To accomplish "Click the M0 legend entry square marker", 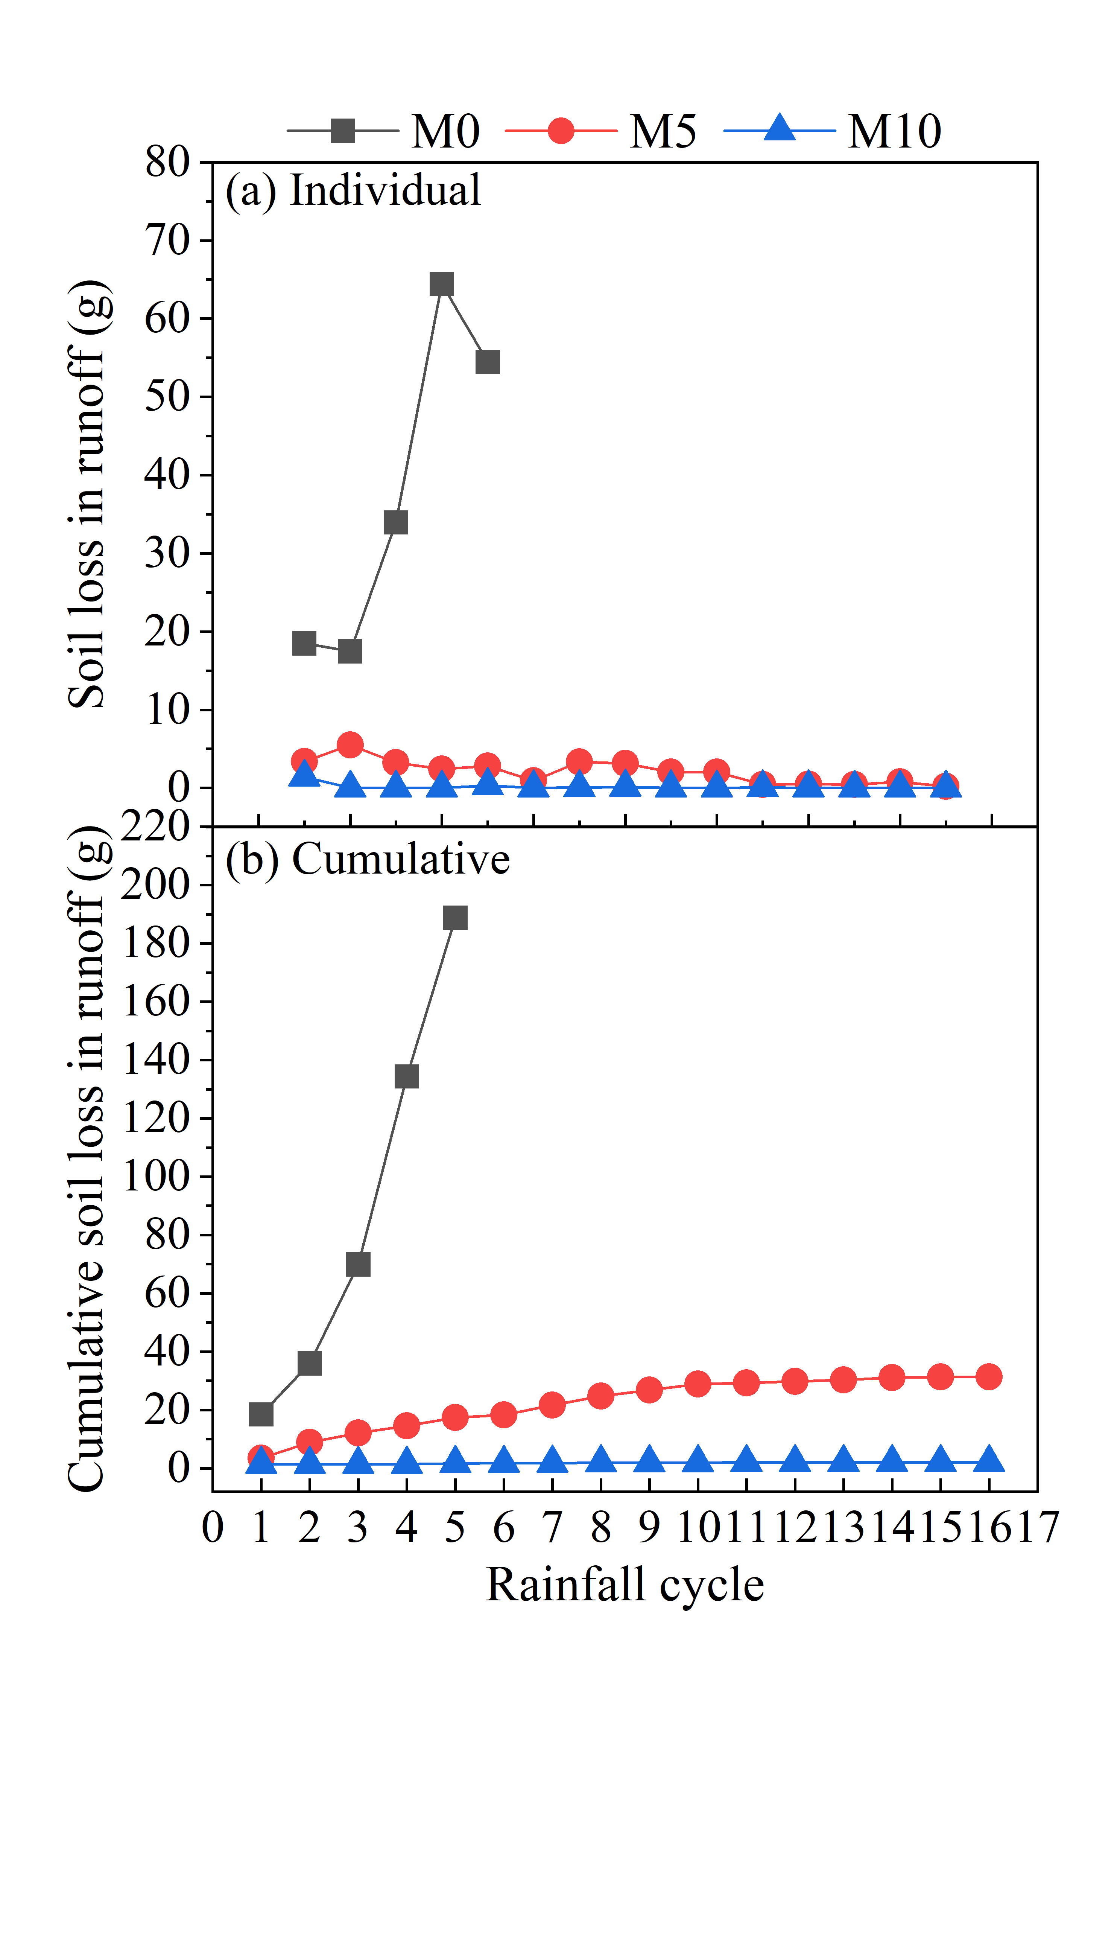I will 343,131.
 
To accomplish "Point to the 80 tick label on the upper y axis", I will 167,163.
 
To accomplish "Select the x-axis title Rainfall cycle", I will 625,1585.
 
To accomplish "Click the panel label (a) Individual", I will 353,190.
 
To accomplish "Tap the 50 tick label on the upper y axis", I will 167,397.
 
